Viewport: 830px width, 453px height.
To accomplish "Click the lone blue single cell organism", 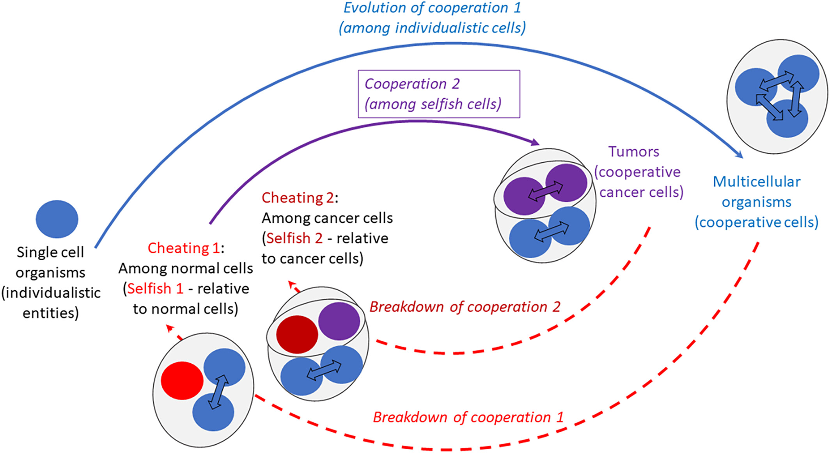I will (57, 219).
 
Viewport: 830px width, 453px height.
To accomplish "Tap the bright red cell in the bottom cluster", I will (182, 380).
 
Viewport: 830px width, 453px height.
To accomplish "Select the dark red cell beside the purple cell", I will (297, 334).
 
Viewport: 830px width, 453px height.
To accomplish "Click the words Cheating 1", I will (184, 248).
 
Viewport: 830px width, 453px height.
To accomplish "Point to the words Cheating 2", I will (298, 198).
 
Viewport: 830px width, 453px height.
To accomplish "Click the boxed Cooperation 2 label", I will (438, 94).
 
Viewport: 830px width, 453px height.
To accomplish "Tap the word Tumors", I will (633, 151).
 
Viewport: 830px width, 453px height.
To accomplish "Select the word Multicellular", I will (756, 182).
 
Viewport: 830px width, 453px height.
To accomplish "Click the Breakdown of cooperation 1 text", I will (468, 417).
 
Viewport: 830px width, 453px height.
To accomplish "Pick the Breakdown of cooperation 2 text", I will (465, 307).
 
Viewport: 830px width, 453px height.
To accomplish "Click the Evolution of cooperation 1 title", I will (432, 8).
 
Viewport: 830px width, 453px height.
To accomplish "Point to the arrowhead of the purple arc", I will (535, 142).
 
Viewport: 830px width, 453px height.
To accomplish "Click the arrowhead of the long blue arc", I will (739, 155).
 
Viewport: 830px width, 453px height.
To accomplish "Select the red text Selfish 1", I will (155, 289).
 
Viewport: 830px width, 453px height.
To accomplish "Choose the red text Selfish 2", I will (294, 238).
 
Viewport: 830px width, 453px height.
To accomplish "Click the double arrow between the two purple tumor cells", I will (545, 191).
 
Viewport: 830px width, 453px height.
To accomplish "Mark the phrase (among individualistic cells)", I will (432, 28).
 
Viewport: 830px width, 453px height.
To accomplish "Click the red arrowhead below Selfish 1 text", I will (170, 329).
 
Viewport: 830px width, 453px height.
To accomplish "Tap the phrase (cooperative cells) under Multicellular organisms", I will (756, 222).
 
